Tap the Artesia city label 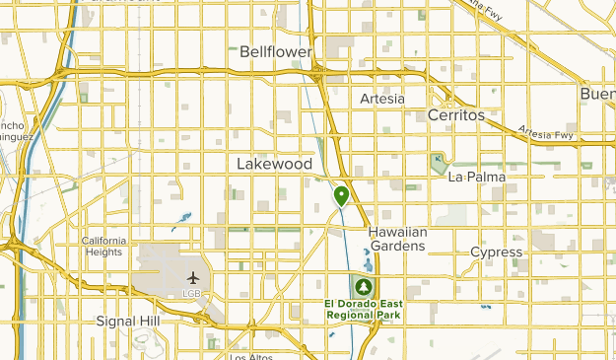382,99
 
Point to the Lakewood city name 274,164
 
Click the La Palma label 476,178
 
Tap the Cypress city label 496,252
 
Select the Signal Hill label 128,322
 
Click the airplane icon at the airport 191,277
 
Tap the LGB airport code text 191,293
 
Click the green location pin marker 341,196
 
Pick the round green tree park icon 364,287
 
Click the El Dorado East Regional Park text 364,310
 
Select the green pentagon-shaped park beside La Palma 439,164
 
